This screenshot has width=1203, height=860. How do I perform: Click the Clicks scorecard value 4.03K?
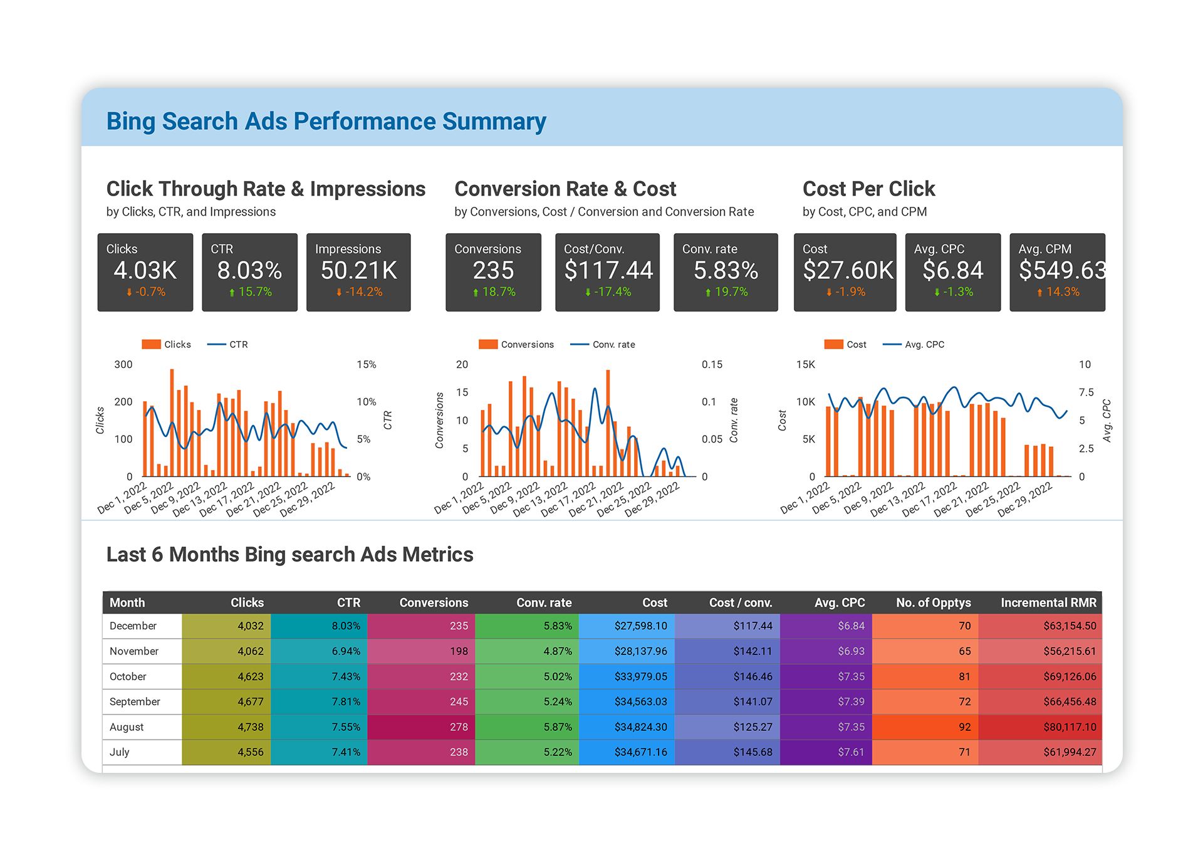coord(145,271)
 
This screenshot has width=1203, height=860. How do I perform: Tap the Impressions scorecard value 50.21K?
coord(358,271)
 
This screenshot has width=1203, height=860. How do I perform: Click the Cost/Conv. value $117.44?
coord(608,271)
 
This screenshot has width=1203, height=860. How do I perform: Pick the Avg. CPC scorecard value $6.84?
coord(952,271)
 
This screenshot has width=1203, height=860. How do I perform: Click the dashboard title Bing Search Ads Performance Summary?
coord(326,121)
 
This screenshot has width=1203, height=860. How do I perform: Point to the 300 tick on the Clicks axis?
coord(123,365)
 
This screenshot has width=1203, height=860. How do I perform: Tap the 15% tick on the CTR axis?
coord(367,365)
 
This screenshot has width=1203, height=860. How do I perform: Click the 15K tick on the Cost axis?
coord(805,365)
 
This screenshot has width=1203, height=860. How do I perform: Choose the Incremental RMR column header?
coord(1048,603)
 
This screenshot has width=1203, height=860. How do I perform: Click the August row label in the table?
coord(127,727)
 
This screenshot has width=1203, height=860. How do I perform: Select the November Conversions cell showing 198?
coord(459,651)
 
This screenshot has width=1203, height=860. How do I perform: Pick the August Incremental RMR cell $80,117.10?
coord(1070,727)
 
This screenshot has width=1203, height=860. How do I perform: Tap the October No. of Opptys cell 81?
coord(964,677)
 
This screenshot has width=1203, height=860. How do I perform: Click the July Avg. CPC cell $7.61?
coord(851,752)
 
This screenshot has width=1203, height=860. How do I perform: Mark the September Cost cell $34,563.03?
coord(640,702)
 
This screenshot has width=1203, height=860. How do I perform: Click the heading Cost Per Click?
coord(868,189)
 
